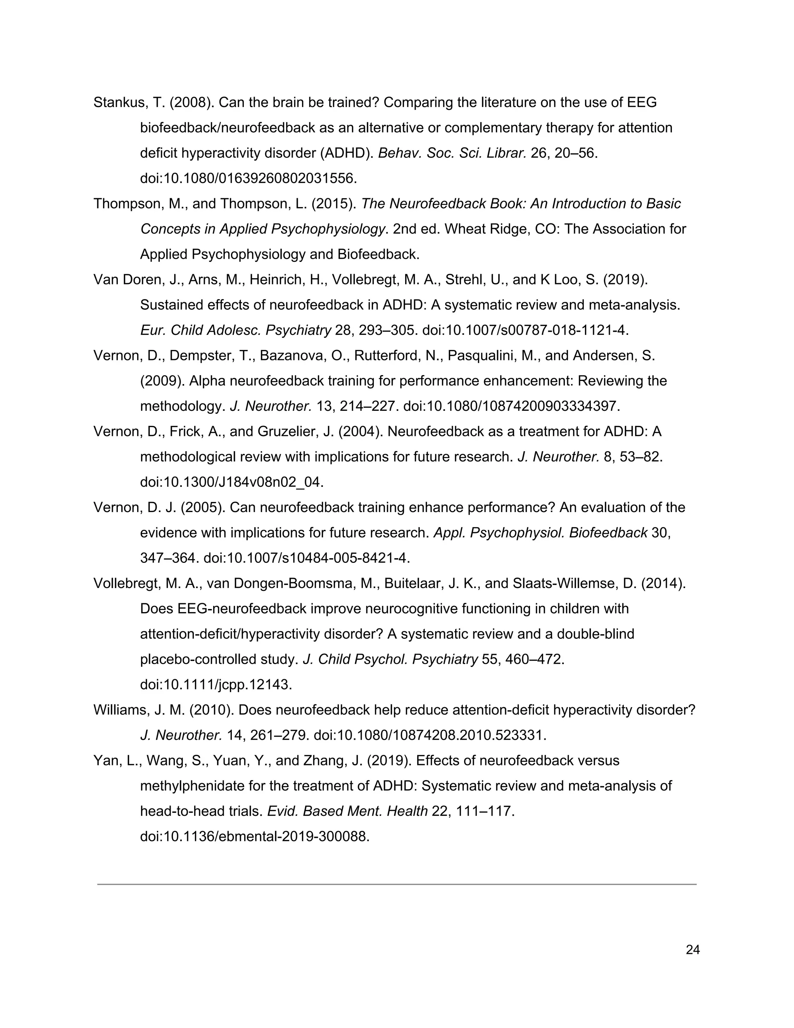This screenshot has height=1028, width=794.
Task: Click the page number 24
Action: pyautogui.click(x=692, y=950)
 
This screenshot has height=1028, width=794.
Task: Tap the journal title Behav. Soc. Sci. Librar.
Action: pyautogui.click(x=452, y=154)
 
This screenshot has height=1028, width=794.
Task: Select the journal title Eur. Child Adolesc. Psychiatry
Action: pyautogui.click(x=236, y=331)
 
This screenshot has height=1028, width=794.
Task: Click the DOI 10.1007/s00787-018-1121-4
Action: pyautogui.click(x=525, y=331)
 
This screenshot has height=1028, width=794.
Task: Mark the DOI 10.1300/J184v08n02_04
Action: pyautogui.click(x=232, y=483)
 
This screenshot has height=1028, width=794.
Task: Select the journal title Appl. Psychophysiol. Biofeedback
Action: pyautogui.click(x=540, y=533)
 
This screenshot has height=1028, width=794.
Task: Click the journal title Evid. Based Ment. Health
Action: pyautogui.click(x=347, y=812)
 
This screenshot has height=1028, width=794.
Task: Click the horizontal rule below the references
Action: pyautogui.click(x=397, y=884)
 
